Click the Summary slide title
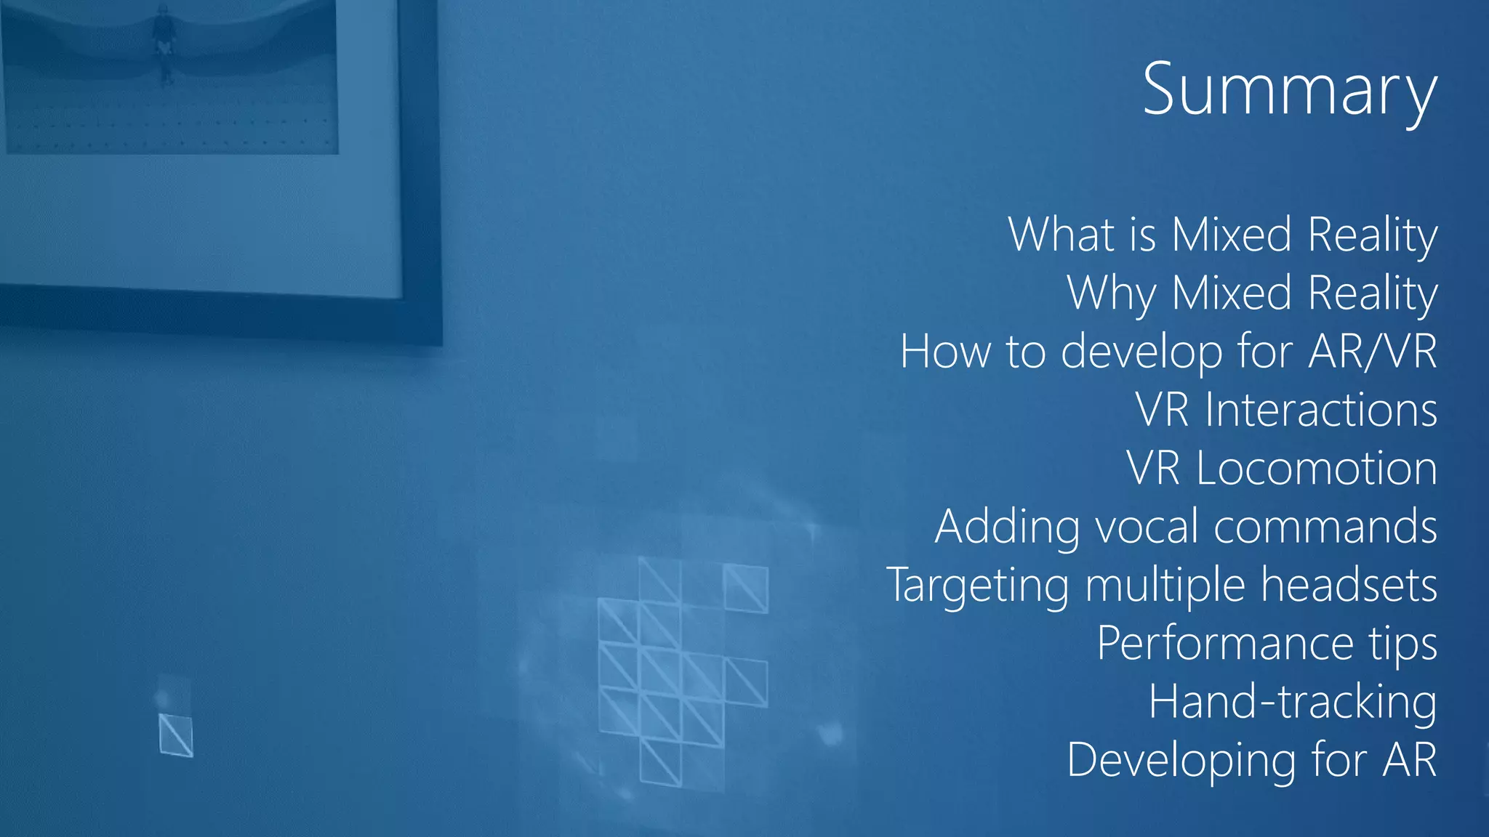click(x=1289, y=90)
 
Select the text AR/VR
click(x=1372, y=352)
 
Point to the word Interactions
click(x=1320, y=410)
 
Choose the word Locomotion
click(x=1316, y=468)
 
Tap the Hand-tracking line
click(x=1292, y=703)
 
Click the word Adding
click(x=1007, y=527)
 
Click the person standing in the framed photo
click(x=163, y=40)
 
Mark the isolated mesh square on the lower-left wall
click(x=176, y=735)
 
